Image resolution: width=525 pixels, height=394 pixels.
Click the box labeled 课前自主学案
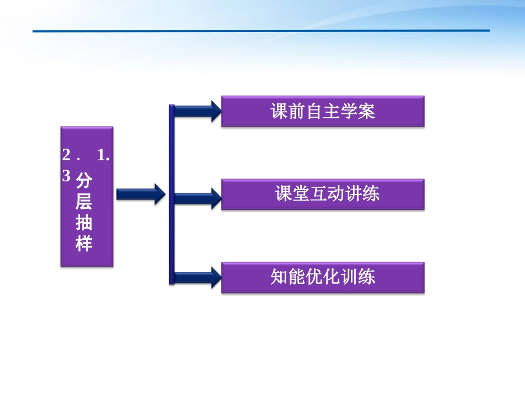tap(323, 112)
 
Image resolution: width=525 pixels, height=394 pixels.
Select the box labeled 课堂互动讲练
tap(323, 195)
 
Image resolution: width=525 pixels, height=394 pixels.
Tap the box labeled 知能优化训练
tap(323, 277)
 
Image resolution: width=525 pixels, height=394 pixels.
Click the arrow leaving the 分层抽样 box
tap(141, 194)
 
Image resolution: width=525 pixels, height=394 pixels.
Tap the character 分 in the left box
tap(84, 181)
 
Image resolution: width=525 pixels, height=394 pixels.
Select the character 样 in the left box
tap(84, 243)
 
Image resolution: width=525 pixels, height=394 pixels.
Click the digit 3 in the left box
tap(67, 176)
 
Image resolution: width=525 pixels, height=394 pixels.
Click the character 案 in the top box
tap(366, 112)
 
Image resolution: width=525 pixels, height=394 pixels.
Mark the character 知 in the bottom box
tap(279, 277)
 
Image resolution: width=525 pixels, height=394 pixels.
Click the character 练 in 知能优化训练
tap(366, 277)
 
